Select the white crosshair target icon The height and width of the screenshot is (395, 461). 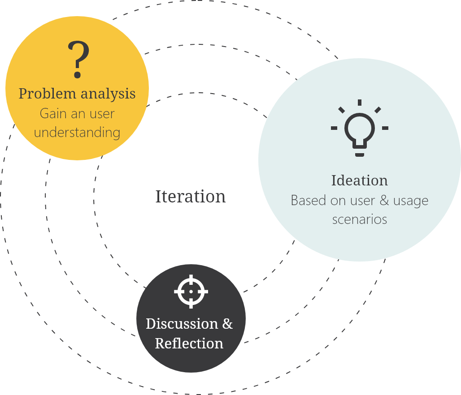[191, 291]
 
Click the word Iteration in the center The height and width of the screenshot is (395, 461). [191, 197]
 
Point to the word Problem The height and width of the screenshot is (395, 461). [47, 94]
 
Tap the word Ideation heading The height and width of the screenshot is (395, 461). [359, 180]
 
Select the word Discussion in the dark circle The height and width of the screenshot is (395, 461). [175, 323]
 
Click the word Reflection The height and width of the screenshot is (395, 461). [189, 343]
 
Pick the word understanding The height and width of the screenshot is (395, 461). [77, 133]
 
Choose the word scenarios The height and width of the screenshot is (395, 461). [359, 219]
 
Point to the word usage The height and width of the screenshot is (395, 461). [411, 201]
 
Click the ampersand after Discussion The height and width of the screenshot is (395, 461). [227, 323]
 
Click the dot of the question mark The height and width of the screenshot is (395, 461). [78, 75]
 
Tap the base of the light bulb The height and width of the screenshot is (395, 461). [359, 155]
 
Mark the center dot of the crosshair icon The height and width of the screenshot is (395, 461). [191, 291]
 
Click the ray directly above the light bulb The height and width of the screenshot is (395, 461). [359, 103]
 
